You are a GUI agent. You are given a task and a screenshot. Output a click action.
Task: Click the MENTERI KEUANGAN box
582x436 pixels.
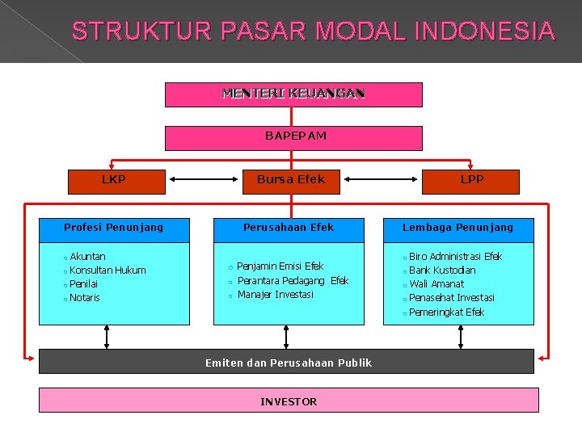[293, 94]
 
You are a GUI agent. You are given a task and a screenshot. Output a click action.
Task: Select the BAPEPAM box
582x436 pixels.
[293, 137]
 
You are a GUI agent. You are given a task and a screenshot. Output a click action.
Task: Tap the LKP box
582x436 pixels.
[113, 180]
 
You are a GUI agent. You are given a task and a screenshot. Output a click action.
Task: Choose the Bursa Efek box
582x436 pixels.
[290, 180]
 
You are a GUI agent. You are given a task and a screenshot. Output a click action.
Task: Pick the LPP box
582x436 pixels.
[471, 180]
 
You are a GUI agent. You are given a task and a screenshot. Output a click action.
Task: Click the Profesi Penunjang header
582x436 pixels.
[113, 228]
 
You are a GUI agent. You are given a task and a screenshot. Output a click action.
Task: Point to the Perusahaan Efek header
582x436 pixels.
[289, 228]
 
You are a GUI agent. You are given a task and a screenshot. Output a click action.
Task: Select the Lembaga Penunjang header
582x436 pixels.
[458, 228]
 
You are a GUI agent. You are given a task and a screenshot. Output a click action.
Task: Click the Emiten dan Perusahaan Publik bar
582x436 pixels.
[288, 363]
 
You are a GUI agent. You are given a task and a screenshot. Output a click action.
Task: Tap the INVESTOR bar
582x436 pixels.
[289, 401]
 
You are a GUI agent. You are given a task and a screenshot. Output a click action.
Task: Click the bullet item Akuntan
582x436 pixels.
[87, 257]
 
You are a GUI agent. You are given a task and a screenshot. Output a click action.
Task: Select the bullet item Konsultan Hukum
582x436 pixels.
[108, 270]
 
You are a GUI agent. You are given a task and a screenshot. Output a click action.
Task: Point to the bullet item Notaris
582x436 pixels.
[85, 298]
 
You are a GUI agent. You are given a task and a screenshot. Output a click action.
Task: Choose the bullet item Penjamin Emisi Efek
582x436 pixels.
[280, 266]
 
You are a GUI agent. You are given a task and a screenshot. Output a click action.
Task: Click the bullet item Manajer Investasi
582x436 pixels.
[275, 295]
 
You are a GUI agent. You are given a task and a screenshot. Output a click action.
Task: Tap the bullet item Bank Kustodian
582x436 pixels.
[442, 270]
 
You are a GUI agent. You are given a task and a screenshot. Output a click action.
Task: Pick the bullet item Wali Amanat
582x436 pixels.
[436, 284]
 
